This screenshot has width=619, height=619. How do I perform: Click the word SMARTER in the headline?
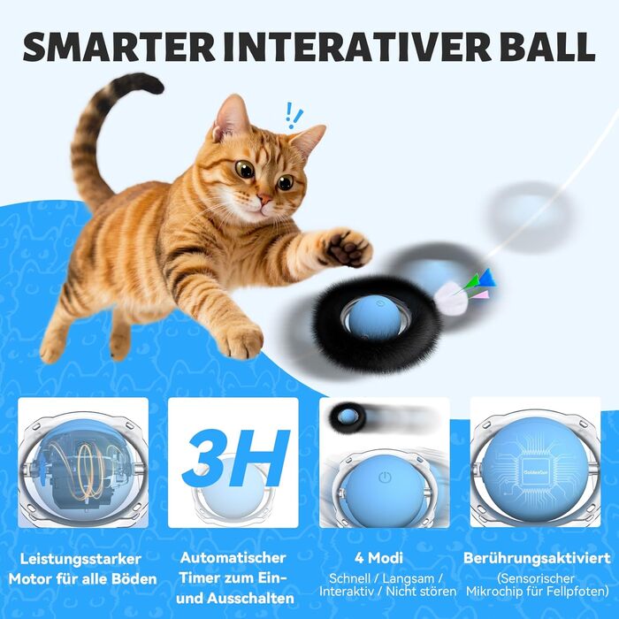pyautogui.click(x=118, y=47)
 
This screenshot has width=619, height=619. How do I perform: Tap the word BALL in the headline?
pyautogui.click(x=543, y=47)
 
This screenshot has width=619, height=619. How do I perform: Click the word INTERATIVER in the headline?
pyautogui.click(x=352, y=47)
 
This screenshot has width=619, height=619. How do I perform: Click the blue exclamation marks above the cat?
pyautogui.click(x=294, y=116)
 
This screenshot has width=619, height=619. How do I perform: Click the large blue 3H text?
pyautogui.click(x=236, y=458)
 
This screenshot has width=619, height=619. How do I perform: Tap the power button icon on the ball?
pyautogui.click(x=385, y=478)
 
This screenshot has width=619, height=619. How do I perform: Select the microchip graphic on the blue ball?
pyautogui.click(x=534, y=472)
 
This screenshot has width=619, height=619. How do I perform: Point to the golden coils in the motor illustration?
pyautogui.click(x=84, y=469)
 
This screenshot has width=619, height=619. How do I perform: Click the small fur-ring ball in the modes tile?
pyautogui.click(x=347, y=416)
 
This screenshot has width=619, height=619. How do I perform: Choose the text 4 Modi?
pyautogui.click(x=378, y=558)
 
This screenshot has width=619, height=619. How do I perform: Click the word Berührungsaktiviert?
pyautogui.click(x=537, y=558)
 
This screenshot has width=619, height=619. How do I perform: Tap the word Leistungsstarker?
pyautogui.click(x=80, y=559)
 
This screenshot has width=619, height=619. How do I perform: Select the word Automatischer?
pyautogui.click(x=233, y=558)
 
